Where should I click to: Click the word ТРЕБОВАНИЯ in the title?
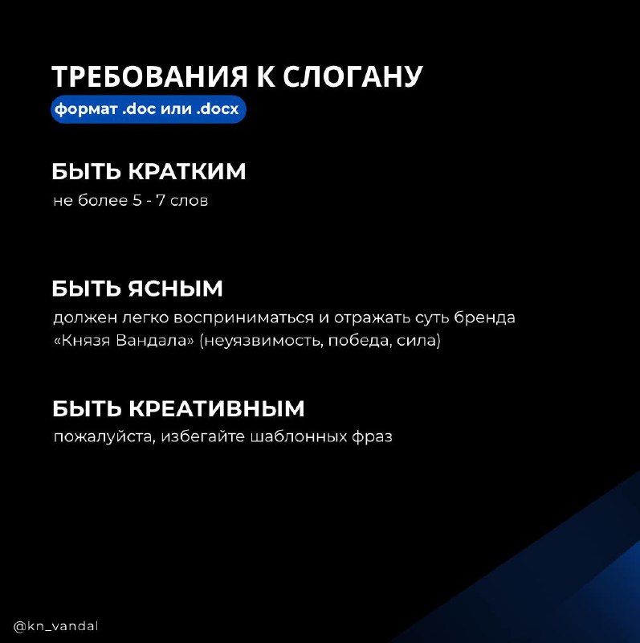pyautogui.click(x=150, y=76)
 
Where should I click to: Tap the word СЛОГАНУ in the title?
pyautogui.click(x=353, y=76)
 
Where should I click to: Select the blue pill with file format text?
pyautogui.click(x=149, y=109)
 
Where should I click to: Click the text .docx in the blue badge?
pyautogui.click(x=218, y=109)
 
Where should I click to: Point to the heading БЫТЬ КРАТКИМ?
pyautogui.click(x=149, y=171)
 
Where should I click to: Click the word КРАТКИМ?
pyautogui.click(x=187, y=171)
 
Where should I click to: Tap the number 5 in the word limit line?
pyautogui.click(x=137, y=201)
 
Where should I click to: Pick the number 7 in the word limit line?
pyautogui.click(x=161, y=201)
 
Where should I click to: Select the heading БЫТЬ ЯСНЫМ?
pyautogui.click(x=137, y=289)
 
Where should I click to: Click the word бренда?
pyautogui.click(x=485, y=317)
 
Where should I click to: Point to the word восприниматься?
pyautogui.click(x=243, y=318)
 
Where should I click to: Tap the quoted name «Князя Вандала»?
pyautogui.click(x=124, y=341)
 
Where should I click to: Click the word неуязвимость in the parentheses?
pyautogui.click(x=263, y=341)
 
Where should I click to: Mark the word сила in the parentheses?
pyautogui.click(x=411, y=341)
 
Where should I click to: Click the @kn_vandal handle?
pyautogui.click(x=55, y=627)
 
